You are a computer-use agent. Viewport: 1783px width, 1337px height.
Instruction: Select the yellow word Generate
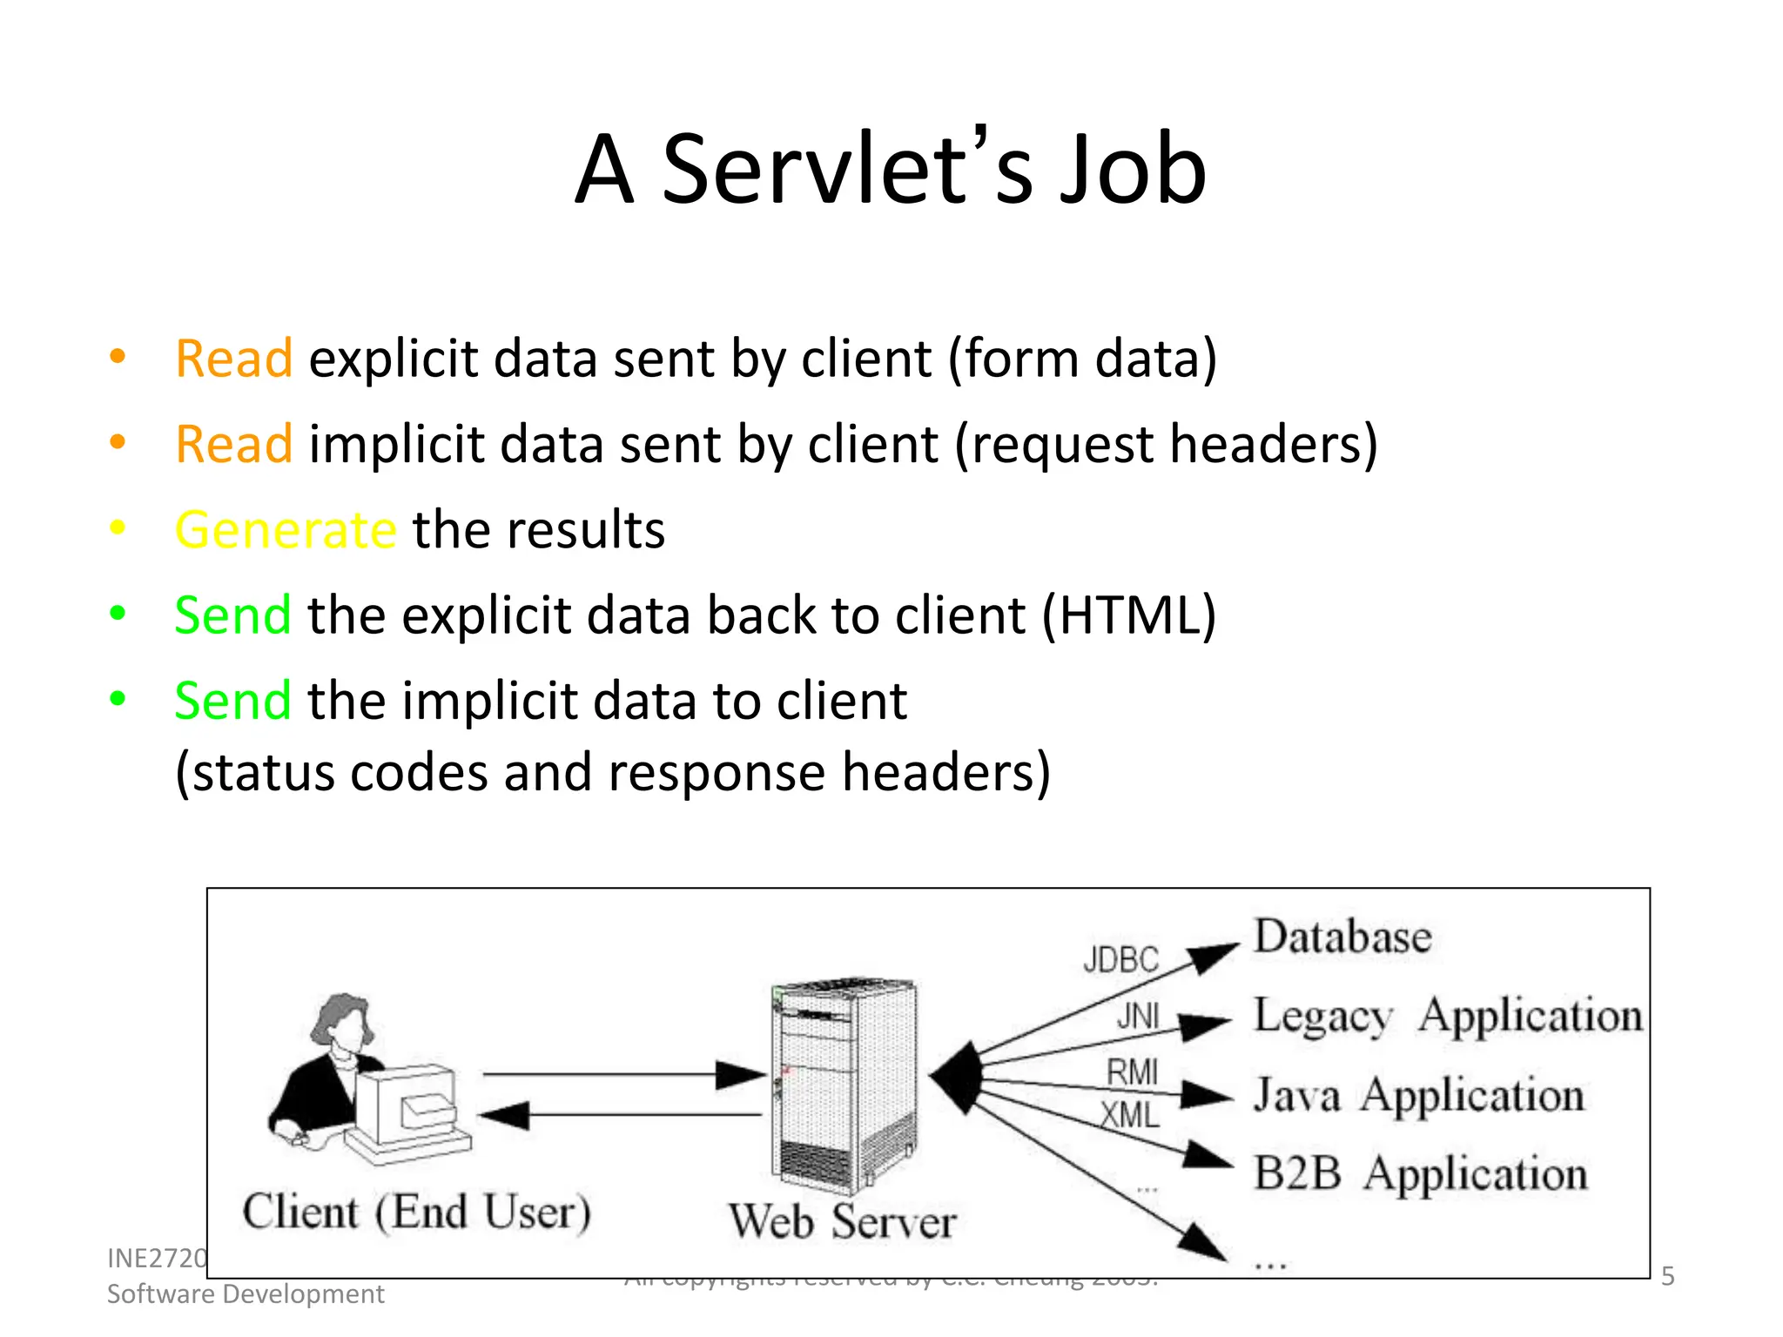pos(286,529)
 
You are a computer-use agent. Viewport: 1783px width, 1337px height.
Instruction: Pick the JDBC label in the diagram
pos(1120,960)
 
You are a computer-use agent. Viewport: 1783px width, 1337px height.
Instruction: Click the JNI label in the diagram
pos(1138,1016)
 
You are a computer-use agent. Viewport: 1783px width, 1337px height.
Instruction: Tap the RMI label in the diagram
pos(1132,1072)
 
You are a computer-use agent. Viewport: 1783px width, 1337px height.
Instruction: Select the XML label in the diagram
pos(1129,1115)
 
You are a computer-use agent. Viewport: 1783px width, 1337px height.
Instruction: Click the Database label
pos(1342,937)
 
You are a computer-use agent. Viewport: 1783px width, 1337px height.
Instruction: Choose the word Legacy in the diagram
pos(1322,1017)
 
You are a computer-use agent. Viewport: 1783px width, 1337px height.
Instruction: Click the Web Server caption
pos(842,1221)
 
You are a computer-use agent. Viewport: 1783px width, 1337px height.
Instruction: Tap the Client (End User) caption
pos(416,1212)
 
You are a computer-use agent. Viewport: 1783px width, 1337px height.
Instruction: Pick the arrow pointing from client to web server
pos(622,1075)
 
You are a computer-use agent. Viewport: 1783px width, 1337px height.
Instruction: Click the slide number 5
pos(1667,1276)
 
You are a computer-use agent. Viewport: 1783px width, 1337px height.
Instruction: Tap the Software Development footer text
pos(246,1294)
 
